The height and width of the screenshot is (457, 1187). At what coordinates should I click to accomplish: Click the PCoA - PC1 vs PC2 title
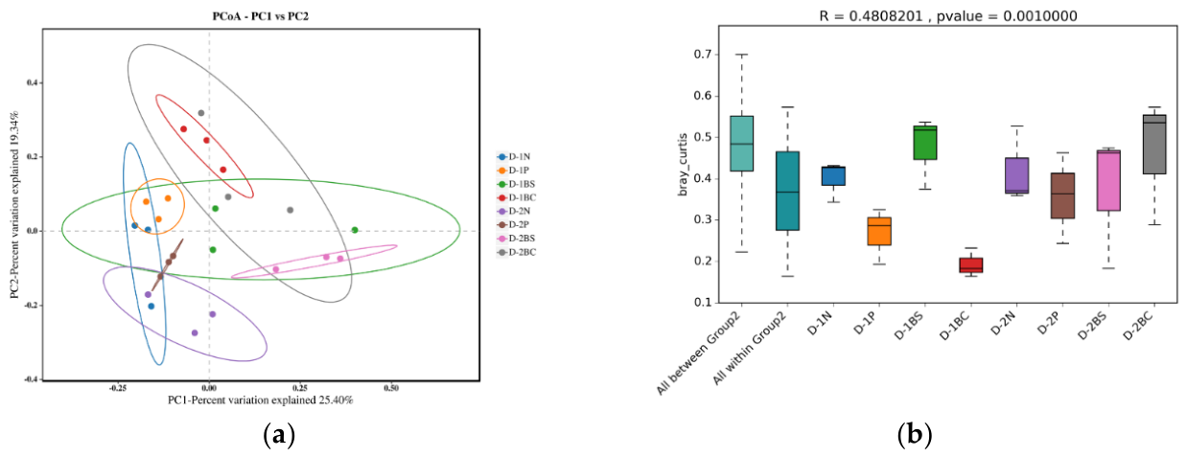[260, 16]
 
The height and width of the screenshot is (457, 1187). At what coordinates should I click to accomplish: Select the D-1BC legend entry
[517, 197]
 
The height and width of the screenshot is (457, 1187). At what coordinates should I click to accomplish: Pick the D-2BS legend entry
[517, 239]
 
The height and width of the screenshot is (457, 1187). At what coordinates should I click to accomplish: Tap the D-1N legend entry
[514, 157]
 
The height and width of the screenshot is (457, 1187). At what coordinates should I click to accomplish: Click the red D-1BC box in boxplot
[971, 264]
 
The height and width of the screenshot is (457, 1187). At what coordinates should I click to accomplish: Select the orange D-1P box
[879, 231]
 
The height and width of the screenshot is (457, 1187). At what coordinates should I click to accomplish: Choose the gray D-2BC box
[1154, 144]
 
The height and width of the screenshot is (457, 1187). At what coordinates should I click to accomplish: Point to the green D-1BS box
[925, 143]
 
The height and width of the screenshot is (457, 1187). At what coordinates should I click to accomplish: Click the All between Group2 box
[741, 144]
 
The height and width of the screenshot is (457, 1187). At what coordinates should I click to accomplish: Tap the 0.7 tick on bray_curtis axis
[703, 55]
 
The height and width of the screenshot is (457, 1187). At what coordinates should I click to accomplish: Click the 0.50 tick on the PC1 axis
[391, 388]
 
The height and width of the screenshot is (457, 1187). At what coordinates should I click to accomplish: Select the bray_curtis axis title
[683, 165]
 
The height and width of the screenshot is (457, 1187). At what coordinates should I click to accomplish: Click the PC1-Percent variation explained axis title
[260, 400]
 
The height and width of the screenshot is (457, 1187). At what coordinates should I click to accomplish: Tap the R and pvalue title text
[948, 16]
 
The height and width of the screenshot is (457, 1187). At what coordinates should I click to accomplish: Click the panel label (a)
[279, 435]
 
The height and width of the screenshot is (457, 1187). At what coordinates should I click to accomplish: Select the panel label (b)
[915, 435]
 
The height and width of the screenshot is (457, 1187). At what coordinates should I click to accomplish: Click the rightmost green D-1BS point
[355, 230]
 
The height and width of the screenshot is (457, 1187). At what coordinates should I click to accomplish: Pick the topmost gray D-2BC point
[200, 113]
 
